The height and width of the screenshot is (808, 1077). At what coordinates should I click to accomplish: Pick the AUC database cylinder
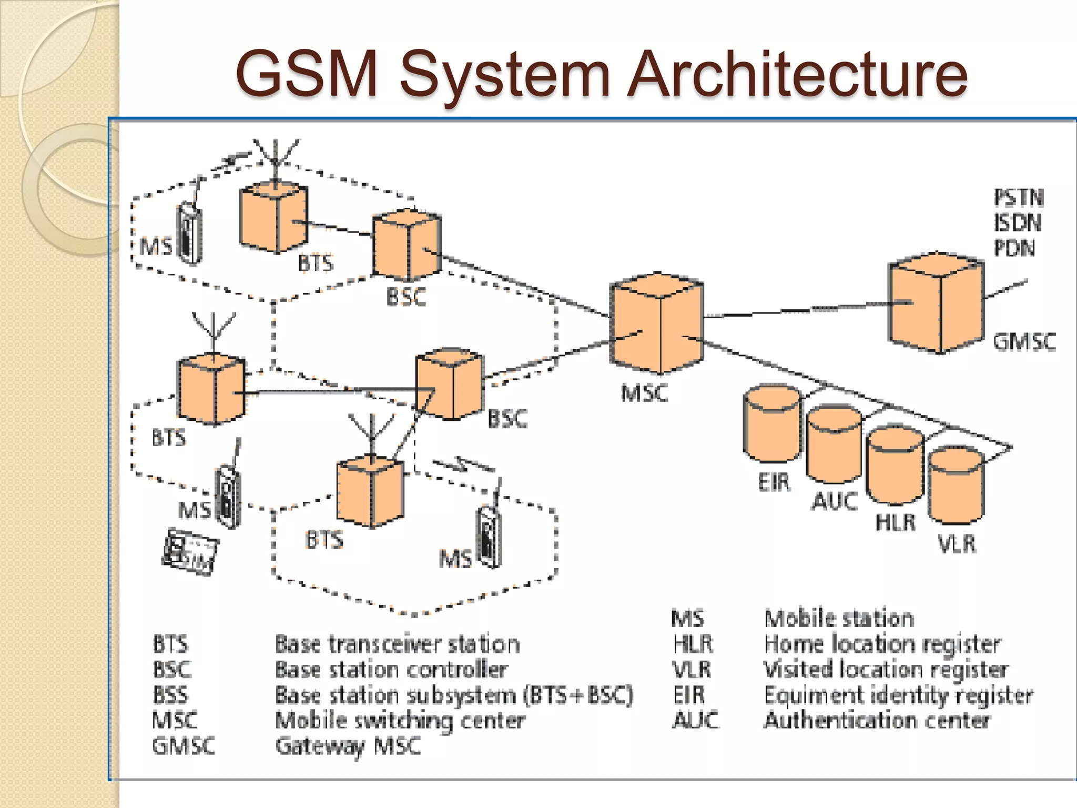point(834,445)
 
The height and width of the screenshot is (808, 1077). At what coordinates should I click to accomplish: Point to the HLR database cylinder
point(895,466)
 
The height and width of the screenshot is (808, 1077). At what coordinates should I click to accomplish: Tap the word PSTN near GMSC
point(1019,198)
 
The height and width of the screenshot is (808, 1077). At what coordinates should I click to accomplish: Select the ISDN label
point(1018,223)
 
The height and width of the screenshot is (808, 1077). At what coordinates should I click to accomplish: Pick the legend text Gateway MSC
point(348,746)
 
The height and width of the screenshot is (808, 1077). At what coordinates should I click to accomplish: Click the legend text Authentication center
point(877,720)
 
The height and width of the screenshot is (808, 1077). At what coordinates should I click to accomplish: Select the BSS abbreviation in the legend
point(170,695)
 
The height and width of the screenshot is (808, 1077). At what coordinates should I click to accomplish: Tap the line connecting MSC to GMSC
point(794,310)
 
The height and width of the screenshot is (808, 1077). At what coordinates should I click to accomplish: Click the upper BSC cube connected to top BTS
point(407,245)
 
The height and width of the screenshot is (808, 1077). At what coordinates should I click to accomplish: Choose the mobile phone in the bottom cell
point(489,537)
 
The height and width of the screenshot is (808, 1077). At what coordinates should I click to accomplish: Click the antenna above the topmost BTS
point(276,155)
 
